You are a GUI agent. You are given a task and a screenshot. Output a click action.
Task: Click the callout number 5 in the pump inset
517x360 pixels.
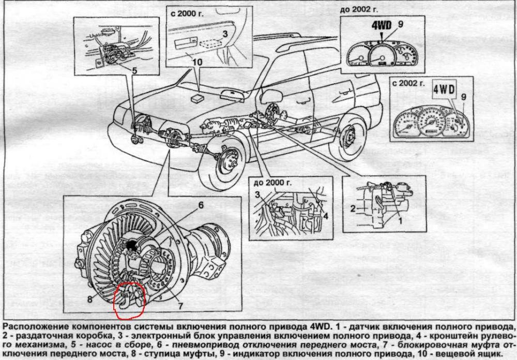tap(134, 70)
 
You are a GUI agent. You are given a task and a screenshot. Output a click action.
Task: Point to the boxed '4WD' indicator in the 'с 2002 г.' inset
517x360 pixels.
tap(443, 89)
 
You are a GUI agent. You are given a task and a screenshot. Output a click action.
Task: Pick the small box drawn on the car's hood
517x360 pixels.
tap(198, 97)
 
